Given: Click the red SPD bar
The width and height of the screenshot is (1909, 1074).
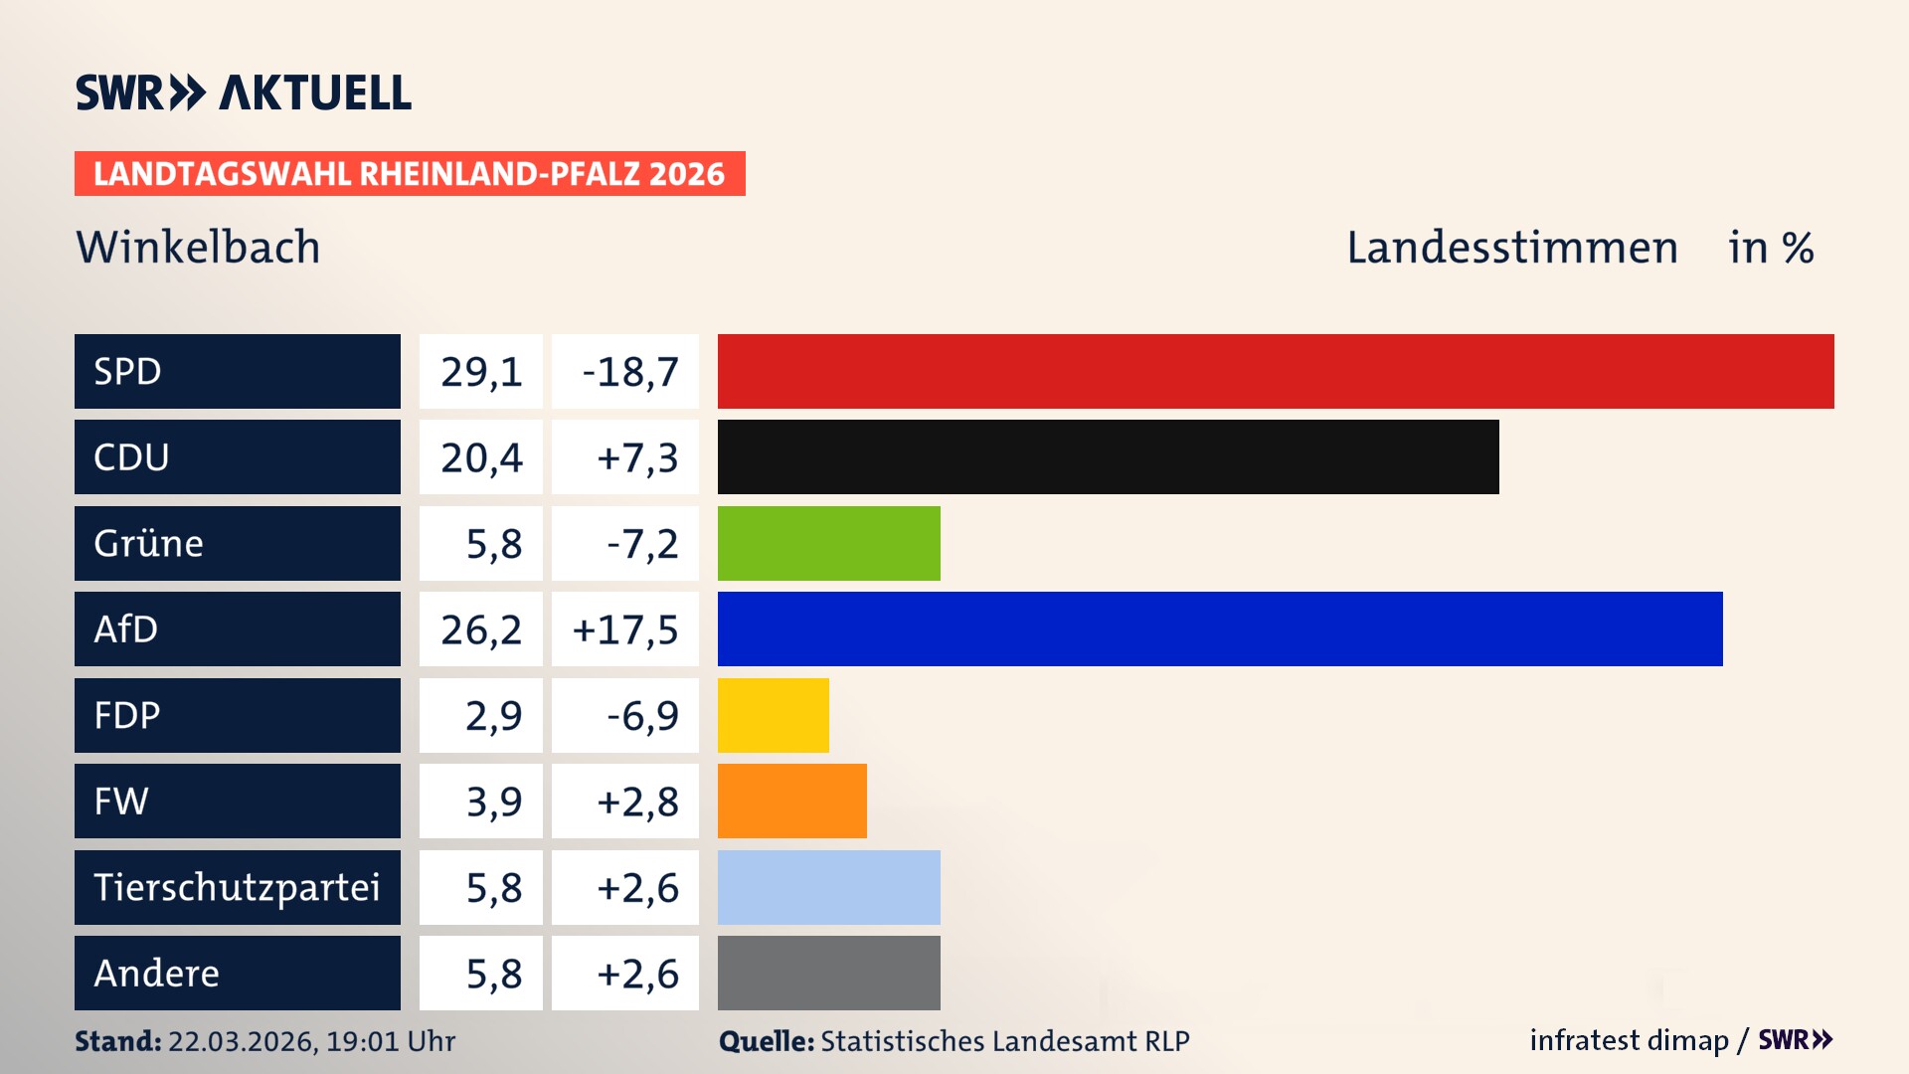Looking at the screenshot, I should click(x=1276, y=371).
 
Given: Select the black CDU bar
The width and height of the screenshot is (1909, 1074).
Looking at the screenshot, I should click(x=1108, y=457).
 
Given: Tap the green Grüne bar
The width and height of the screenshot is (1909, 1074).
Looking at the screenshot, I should click(x=828, y=543).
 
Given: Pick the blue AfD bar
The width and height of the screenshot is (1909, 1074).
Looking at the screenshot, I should click(x=1220, y=628).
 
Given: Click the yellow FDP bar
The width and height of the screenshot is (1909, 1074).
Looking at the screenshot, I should click(x=773, y=715).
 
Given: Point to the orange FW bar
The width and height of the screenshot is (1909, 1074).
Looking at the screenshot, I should click(x=791, y=801).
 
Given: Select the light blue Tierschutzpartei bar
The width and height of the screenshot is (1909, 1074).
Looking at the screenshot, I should click(x=828, y=887).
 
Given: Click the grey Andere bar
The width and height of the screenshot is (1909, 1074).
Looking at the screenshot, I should click(x=828, y=973).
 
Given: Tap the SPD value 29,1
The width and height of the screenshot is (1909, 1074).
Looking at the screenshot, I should click(x=481, y=372).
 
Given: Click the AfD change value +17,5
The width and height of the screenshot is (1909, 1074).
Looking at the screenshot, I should click(x=625, y=629).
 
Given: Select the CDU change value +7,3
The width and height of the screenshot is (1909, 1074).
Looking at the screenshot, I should click(x=636, y=457).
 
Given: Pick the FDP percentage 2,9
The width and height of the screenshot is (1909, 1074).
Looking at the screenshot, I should click(x=493, y=716).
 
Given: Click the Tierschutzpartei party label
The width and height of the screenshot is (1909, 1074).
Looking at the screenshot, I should click(x=237, y=887).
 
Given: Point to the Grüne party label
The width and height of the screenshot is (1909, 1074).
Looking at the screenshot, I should click(x=149, y=543).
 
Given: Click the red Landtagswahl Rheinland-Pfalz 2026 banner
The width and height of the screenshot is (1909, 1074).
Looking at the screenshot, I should click(x=410, y=174).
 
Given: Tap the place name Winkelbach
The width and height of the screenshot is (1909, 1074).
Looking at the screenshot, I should click(x=198, y=248).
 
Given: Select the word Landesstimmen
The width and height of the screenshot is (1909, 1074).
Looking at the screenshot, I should click(x=1511, y=248).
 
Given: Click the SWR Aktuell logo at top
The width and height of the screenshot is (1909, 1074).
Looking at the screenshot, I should click(x=244, y=92).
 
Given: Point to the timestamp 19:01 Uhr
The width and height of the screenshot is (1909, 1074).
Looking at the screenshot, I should click(x=390, y=1041).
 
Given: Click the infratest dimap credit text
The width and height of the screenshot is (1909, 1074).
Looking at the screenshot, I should click(x=1628, y=1040).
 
